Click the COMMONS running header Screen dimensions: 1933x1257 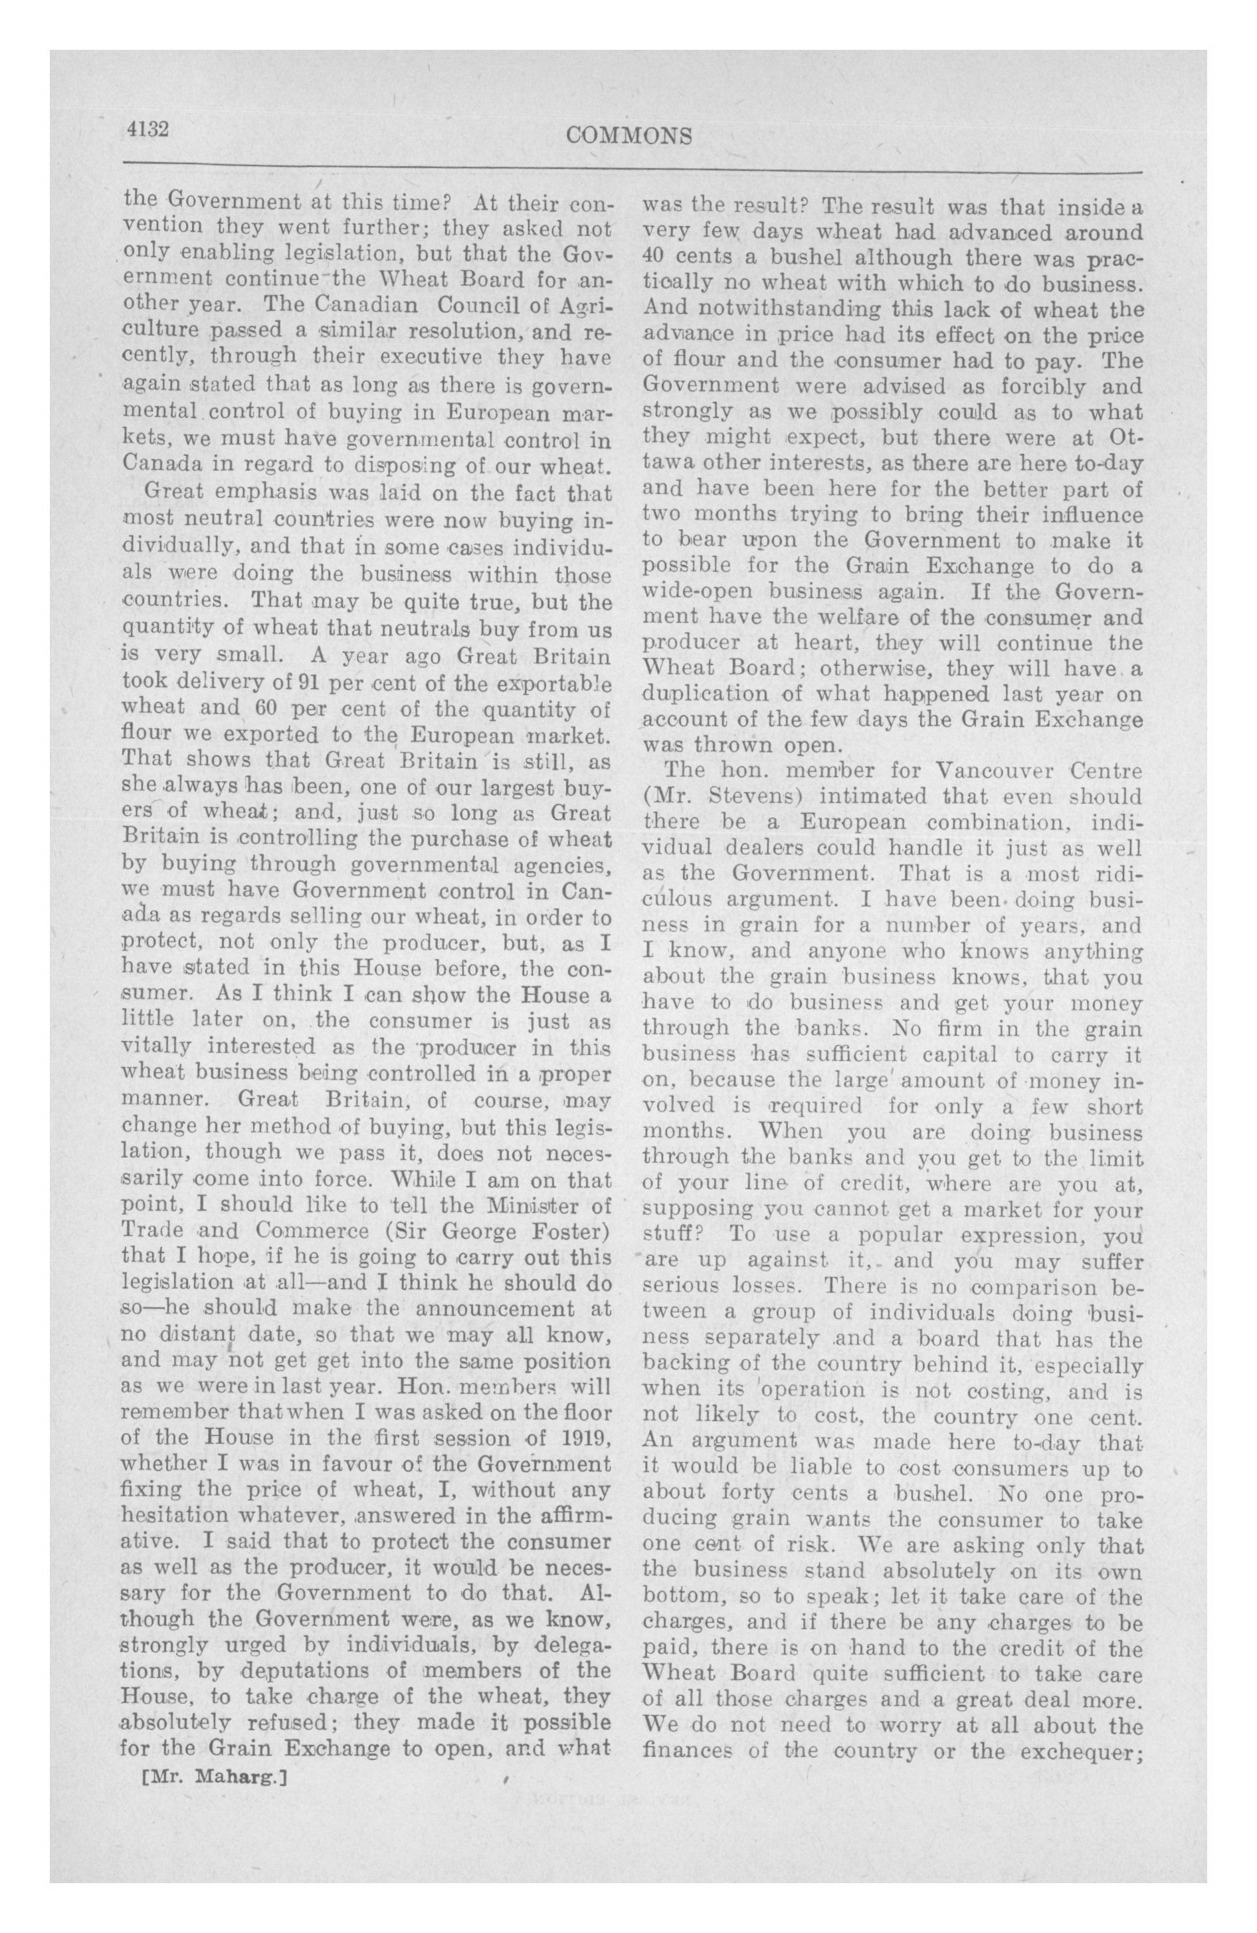point(629,135)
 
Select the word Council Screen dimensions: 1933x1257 point(476,306)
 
